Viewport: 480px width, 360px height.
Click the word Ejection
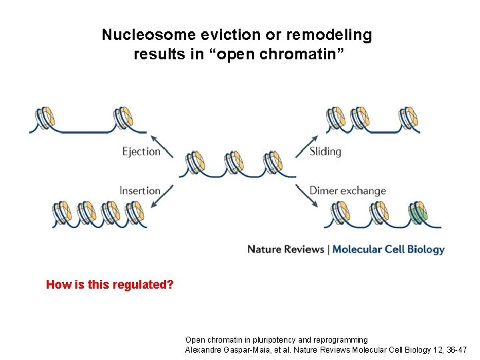pos(141,151)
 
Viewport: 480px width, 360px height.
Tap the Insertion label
pos(140,191)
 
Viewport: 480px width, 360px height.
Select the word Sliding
pos(325,151)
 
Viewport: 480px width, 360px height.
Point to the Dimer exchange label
pos(347,191)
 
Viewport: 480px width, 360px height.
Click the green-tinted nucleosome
pos(418,214)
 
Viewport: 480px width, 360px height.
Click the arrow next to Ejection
pos(162,146)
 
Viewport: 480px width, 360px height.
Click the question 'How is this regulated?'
pos(109,285)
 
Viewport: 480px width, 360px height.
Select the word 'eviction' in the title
pos(220,35)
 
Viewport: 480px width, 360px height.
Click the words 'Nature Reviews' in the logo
pos(285,249)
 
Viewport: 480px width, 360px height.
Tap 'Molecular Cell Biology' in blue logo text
pos(389,249)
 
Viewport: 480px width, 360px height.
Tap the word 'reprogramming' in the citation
pos(338,340)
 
